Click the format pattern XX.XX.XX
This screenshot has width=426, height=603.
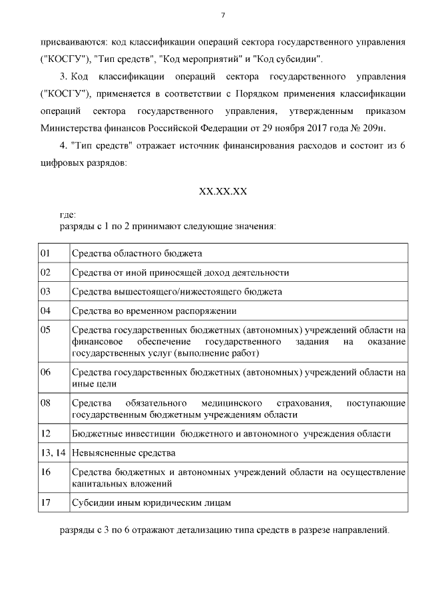tap(222, 191)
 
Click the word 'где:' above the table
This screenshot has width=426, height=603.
tap(68, 215)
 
